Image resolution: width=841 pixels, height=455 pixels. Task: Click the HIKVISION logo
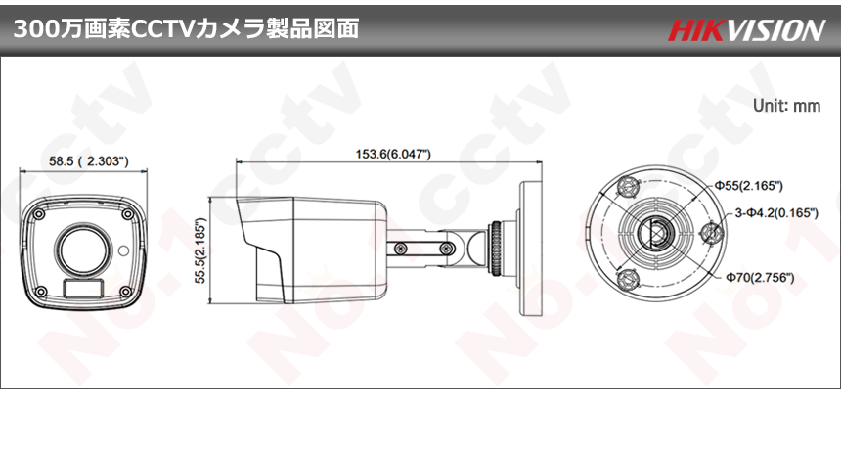coord(746,30)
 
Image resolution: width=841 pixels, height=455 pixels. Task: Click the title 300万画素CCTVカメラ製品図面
coord(186,29)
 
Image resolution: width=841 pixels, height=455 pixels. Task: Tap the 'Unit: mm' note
coord(787,105)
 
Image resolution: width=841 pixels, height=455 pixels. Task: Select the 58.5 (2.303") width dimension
coord(89,161)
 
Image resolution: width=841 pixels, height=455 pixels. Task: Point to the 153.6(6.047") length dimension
coord(393,154)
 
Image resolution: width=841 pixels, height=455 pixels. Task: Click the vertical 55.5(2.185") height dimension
coord(200,250)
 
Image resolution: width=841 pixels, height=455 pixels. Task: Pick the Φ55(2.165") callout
coord(748,186)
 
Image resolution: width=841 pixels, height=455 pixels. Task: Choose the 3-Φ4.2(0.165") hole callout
coord(776,213)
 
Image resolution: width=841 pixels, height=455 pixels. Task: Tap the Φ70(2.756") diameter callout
coord(760,277)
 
